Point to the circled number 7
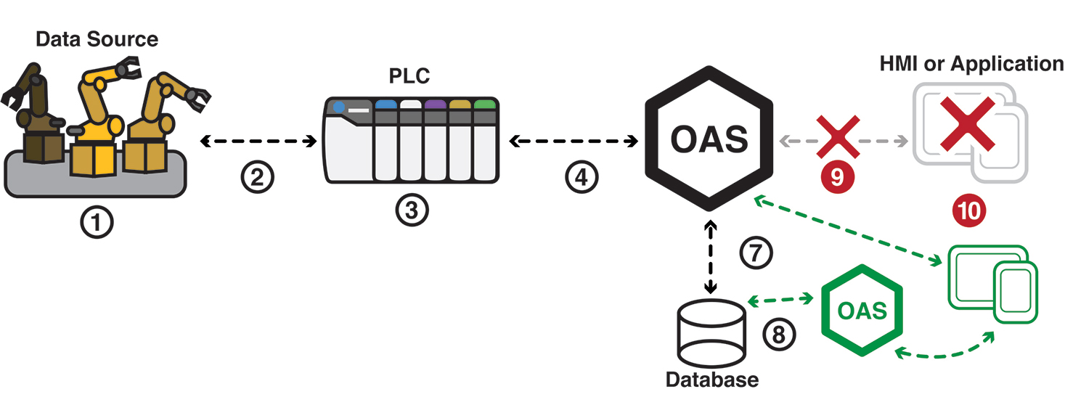756,253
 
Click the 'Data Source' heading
97,38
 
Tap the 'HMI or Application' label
971,64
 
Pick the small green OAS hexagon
862,310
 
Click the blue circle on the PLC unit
340,110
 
